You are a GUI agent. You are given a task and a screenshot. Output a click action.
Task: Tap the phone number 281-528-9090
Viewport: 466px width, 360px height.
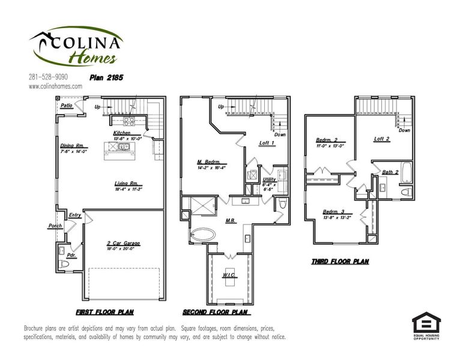(x=48, y=77)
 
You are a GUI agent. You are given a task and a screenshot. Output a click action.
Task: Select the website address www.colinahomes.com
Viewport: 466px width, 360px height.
(x=55, y=86)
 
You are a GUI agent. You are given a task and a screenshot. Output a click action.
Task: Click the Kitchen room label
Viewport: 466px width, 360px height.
(x=122, y=133)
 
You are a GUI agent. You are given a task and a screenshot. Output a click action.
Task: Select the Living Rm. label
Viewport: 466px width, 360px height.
(x=128, y=184)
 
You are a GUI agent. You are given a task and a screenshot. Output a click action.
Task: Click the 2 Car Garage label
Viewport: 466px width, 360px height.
(x=124, y=243)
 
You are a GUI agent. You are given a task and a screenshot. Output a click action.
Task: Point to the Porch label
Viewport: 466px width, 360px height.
(x=55, y=226)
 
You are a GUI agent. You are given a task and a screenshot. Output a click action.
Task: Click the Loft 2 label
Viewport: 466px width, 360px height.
(x=382, y=139)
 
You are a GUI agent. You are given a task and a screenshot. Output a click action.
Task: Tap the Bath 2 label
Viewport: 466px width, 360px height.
(x=390, y=172)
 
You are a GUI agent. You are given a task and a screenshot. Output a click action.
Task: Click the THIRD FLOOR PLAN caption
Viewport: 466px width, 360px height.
(x=340, y=262)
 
